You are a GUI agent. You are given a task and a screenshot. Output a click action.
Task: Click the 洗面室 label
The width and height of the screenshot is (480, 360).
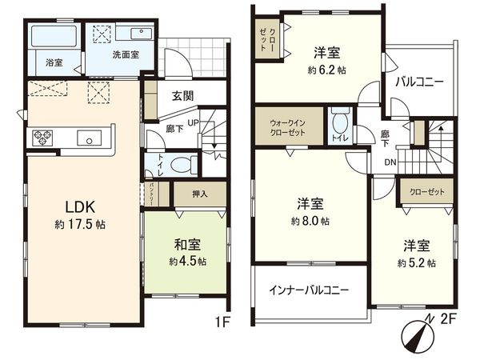pyautogui.click(x=126, y=55)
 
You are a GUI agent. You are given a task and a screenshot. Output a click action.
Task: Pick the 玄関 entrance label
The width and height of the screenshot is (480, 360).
pyautogui.click(x=182, y=94)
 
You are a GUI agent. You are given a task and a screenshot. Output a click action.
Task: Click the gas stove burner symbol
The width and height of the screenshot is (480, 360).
pyautogui.click(x=42, y=138)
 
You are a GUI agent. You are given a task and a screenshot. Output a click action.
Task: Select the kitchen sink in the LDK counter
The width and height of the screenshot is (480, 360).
pyautogui.click(x=87, y=138)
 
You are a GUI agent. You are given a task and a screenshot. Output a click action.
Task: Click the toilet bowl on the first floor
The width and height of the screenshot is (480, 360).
pyautogui.click(x=183, y=166)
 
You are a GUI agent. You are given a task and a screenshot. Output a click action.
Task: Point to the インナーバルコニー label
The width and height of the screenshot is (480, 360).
pyautogui.click(x=308, y=290)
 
